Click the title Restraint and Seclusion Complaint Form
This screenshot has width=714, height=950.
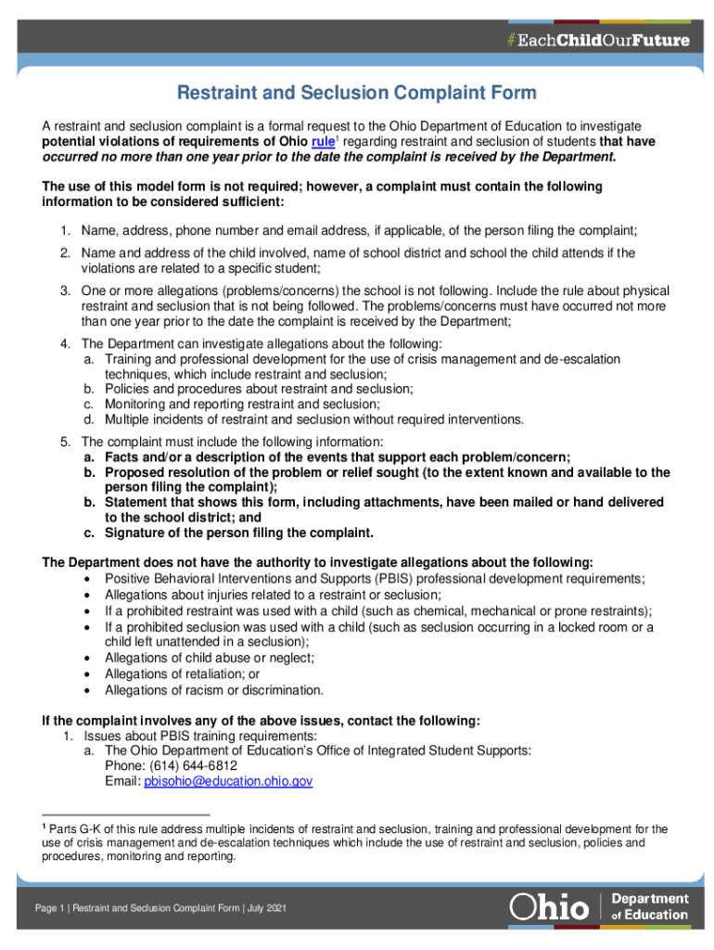click(357, 94)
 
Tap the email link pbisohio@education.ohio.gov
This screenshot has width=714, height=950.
click(227, 782)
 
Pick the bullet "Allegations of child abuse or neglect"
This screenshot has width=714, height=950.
click(210, 658)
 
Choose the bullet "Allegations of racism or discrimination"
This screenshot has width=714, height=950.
click(214, 689)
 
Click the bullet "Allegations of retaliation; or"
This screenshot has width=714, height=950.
click(183, 674)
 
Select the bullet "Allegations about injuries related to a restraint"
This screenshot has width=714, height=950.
click(273, 595)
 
